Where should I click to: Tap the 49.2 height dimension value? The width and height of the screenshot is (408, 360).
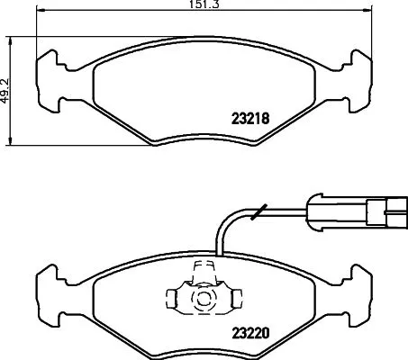point(5,90)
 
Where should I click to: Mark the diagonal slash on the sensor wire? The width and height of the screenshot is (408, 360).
point(258,213)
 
